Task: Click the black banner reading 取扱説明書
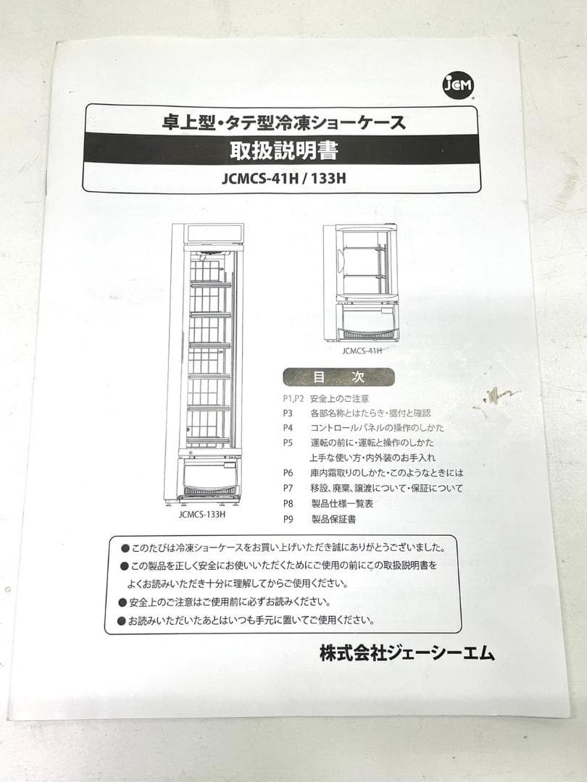point(283,150)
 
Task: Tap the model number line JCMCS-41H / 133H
point(283,178)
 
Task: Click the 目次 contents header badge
point(338,377)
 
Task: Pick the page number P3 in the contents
point(288,413)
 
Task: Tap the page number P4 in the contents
point(288,428)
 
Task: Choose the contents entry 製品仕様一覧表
point(344,504)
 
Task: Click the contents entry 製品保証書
point(333,519)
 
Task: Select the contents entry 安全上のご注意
point(339,398)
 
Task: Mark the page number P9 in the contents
point(288,519)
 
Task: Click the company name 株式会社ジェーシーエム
point(407,654)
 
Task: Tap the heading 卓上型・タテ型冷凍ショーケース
point(283,122)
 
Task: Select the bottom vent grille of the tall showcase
point(210,490)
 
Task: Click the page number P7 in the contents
point(288,489)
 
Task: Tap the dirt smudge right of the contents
point(501,394)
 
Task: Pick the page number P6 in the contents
point(288,474)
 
